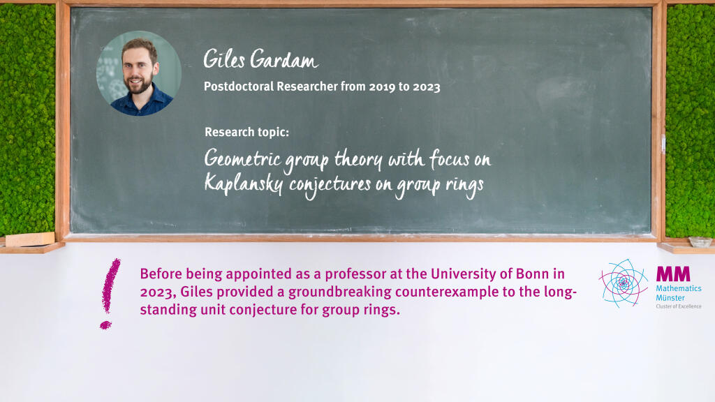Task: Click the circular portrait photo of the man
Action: point(139,73)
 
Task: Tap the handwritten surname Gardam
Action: point(284,59)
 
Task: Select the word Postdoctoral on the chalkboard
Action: point(239,87)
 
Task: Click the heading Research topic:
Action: point(246,132)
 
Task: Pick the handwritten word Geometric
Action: point(242,159)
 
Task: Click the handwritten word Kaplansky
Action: point(244,184)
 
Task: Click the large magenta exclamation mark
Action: point(110,293)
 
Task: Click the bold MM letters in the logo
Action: point(673,274)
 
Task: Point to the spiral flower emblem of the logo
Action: point(624,283)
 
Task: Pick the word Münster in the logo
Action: point(670,297)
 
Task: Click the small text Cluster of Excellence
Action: point(679,306)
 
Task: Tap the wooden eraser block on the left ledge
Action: point(30,239)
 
